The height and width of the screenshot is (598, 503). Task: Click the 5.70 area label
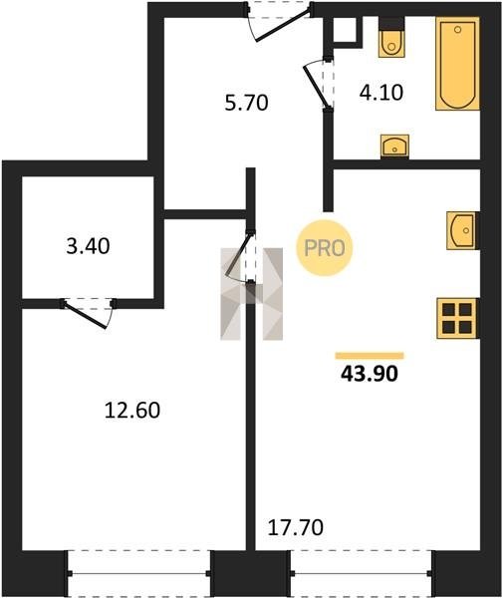[x=247, y=103]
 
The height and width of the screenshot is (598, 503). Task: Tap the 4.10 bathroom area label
[x=381, y=93]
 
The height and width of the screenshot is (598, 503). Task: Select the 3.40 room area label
[x=88, y=246]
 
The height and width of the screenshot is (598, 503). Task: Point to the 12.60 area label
[x=132, y=411]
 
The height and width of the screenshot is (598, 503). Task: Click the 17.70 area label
[x=296, y=528]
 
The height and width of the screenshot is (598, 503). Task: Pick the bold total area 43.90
[x=370, y=374]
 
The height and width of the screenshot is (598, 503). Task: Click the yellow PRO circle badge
[x=325, y=248]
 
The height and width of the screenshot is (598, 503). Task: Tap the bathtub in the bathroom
[x=457, y=64]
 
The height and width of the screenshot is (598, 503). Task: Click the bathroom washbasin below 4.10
[x=394, y=147]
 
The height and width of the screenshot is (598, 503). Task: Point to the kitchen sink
[x=462, y=230]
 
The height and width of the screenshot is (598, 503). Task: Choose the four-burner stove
[x=457, y=319]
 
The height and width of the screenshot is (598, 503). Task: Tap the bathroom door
[x=319, y=83]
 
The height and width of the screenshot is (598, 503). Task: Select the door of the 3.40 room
[x=88, y=313]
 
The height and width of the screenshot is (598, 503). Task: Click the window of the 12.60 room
[x=138, y=573]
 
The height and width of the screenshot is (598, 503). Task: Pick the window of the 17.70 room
[x=362, y=573]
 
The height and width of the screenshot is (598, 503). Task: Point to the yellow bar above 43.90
[x=370, y=356]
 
